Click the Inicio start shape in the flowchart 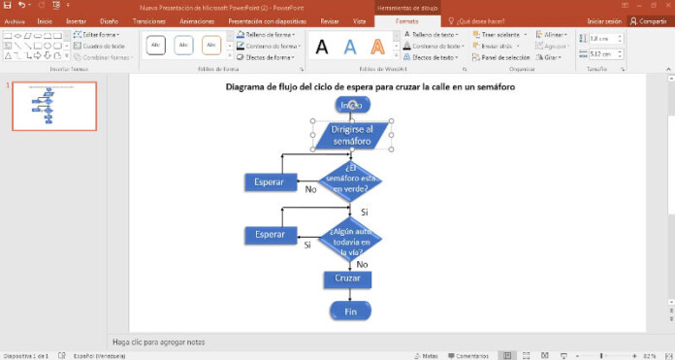pyautogui.click(x=351, y=105)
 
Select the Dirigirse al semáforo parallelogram pyautogui.click(x=351, y=136)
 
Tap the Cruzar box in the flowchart pyautogui.click(x=348, y=279)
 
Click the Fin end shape pyautogui.click(x=350, y=311)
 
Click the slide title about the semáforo pyautogui.click(x=370, y=86)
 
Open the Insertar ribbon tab pyautogui.click(x=76, y=20)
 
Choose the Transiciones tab pyautogui.click(x=148, y=20)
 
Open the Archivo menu pyautogui.click(x=15, y=20)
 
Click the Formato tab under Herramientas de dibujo pyautogui.click(x=407, y=20)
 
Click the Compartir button pyautogui.click(x=648, y=20)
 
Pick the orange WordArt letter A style pyautogui.click(x=378, y=46)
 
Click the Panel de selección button pyautogui.click(x=501, y=57)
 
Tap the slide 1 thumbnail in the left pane pyautogui.click(x=54, y=106)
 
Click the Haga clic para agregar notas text pyautogui.click(x=158, y=342)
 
